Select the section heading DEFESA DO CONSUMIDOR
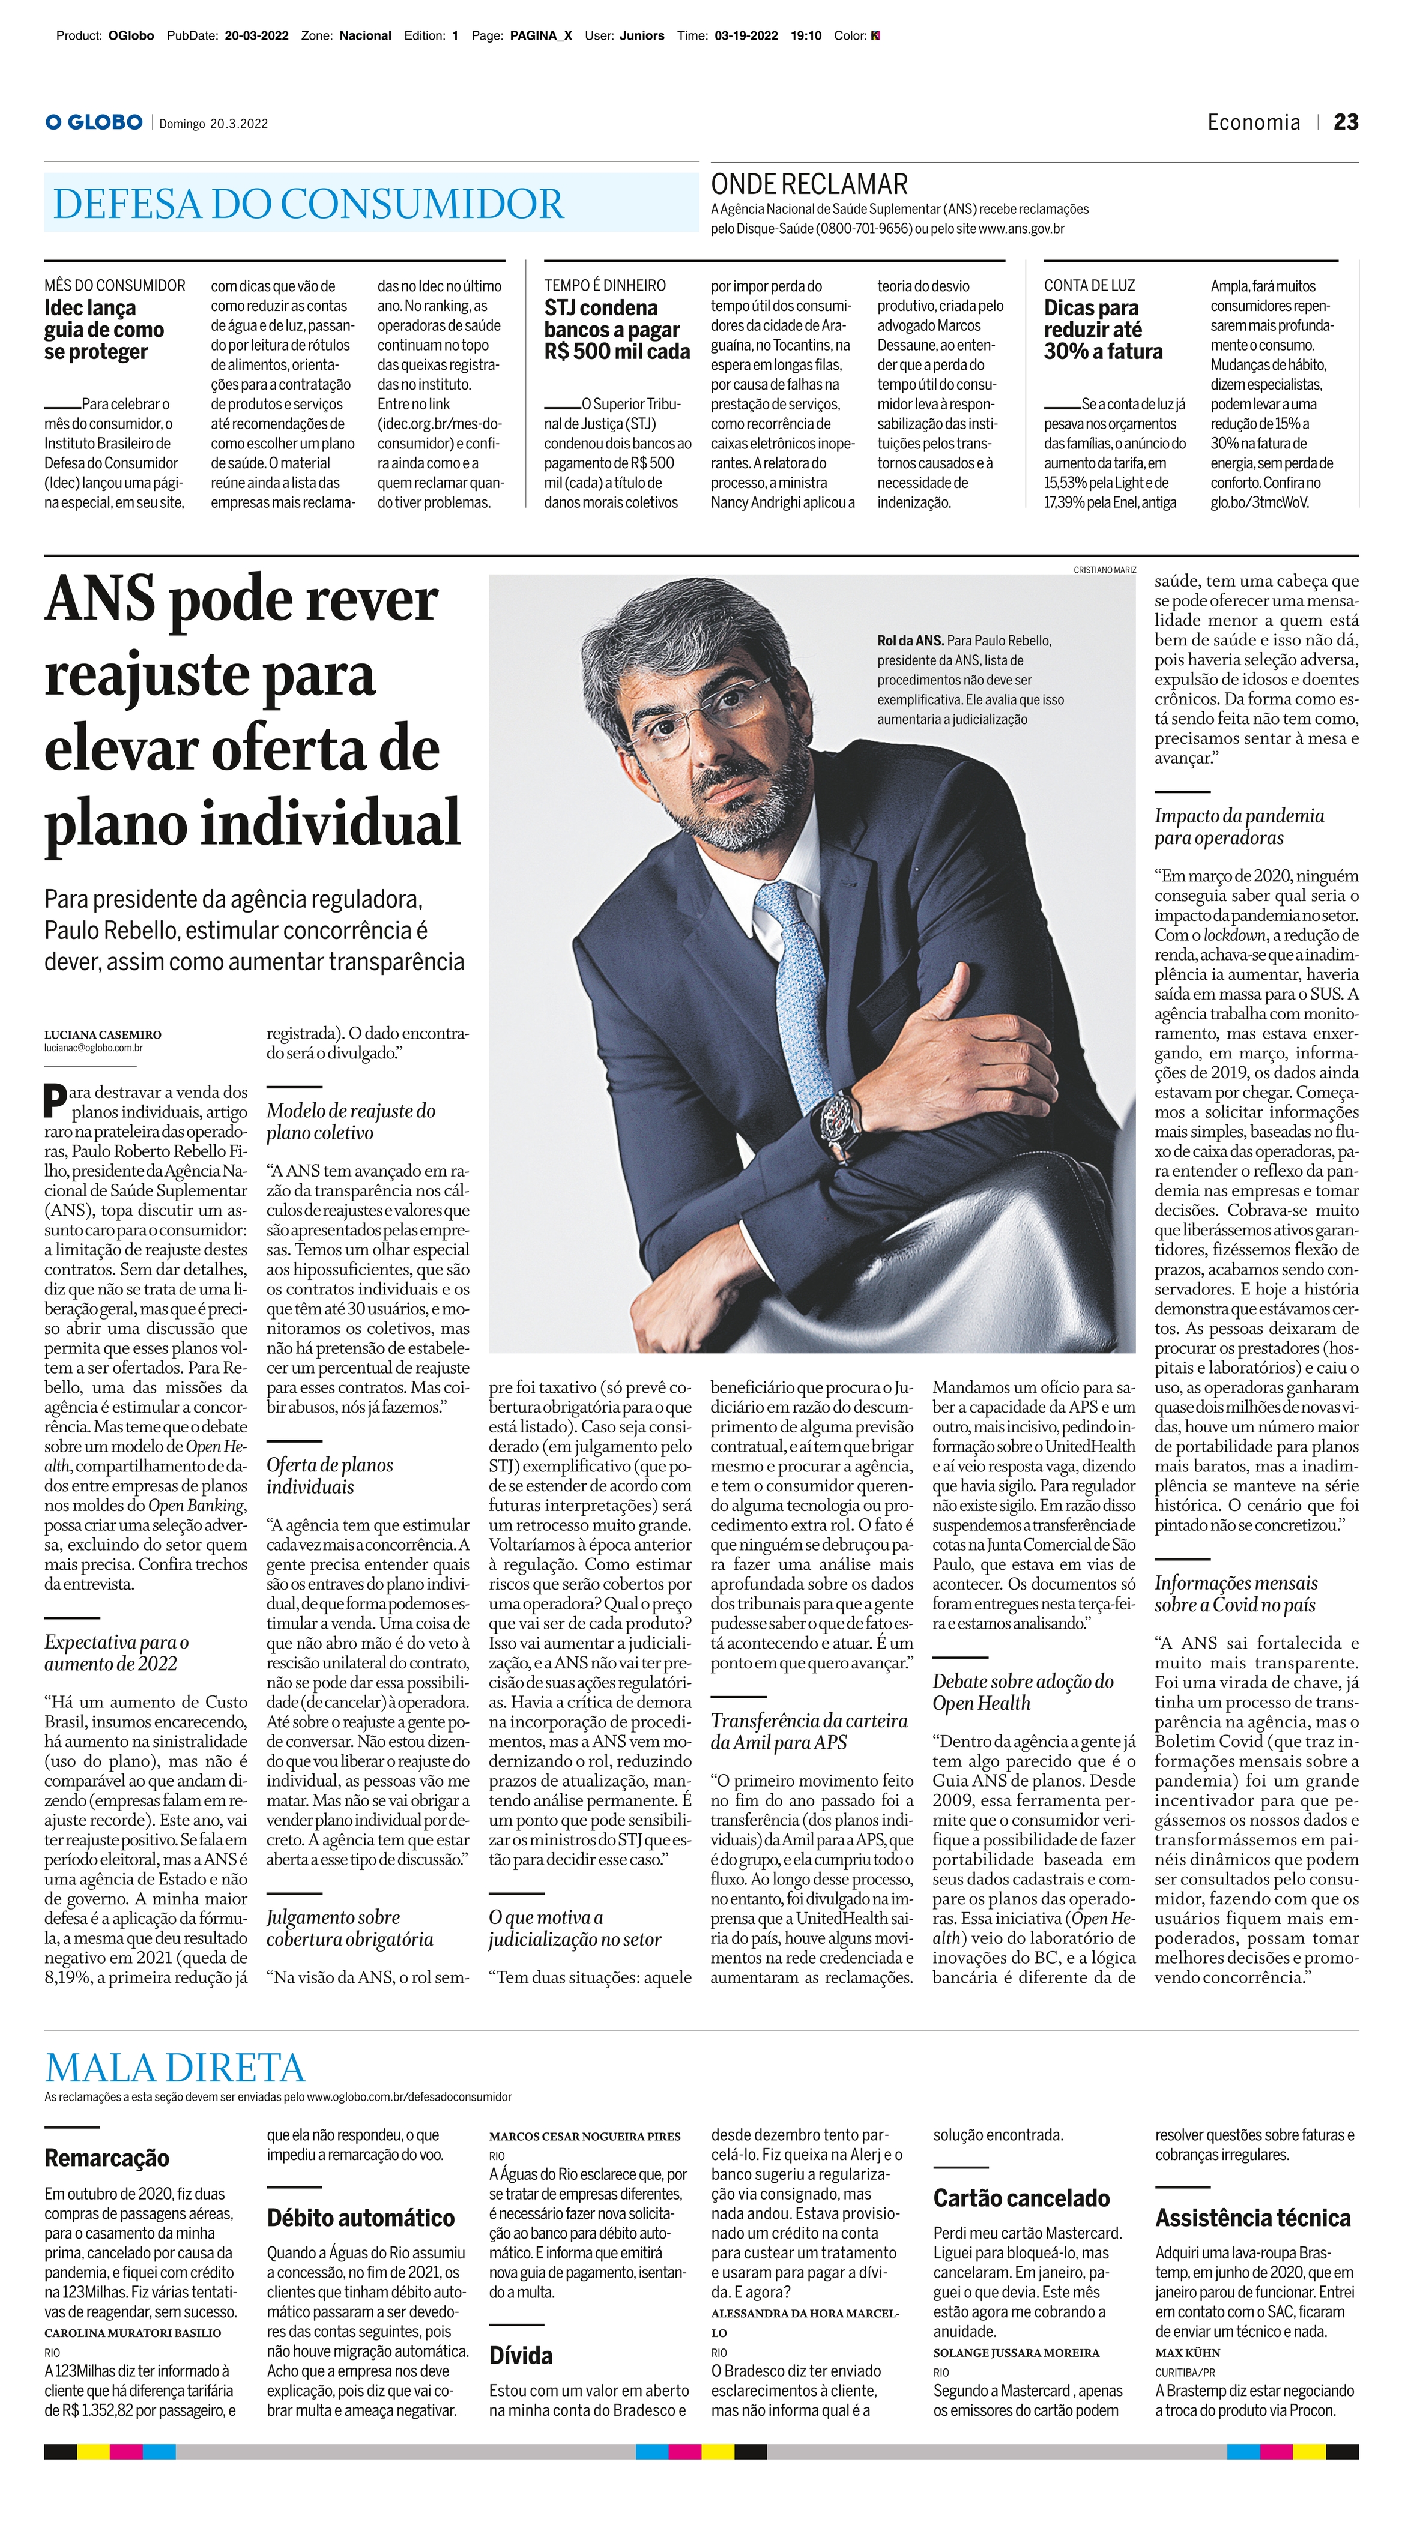[x=308, y=204]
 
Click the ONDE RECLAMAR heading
[x=809, y=184]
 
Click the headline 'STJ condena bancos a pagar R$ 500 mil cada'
[x=616, y=330]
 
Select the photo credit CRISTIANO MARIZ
[x=1104, y=570]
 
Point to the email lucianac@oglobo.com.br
[x=94, y=1049]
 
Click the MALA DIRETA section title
[x=175, y=2068]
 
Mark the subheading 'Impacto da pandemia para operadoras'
[x=1239, y=826]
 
